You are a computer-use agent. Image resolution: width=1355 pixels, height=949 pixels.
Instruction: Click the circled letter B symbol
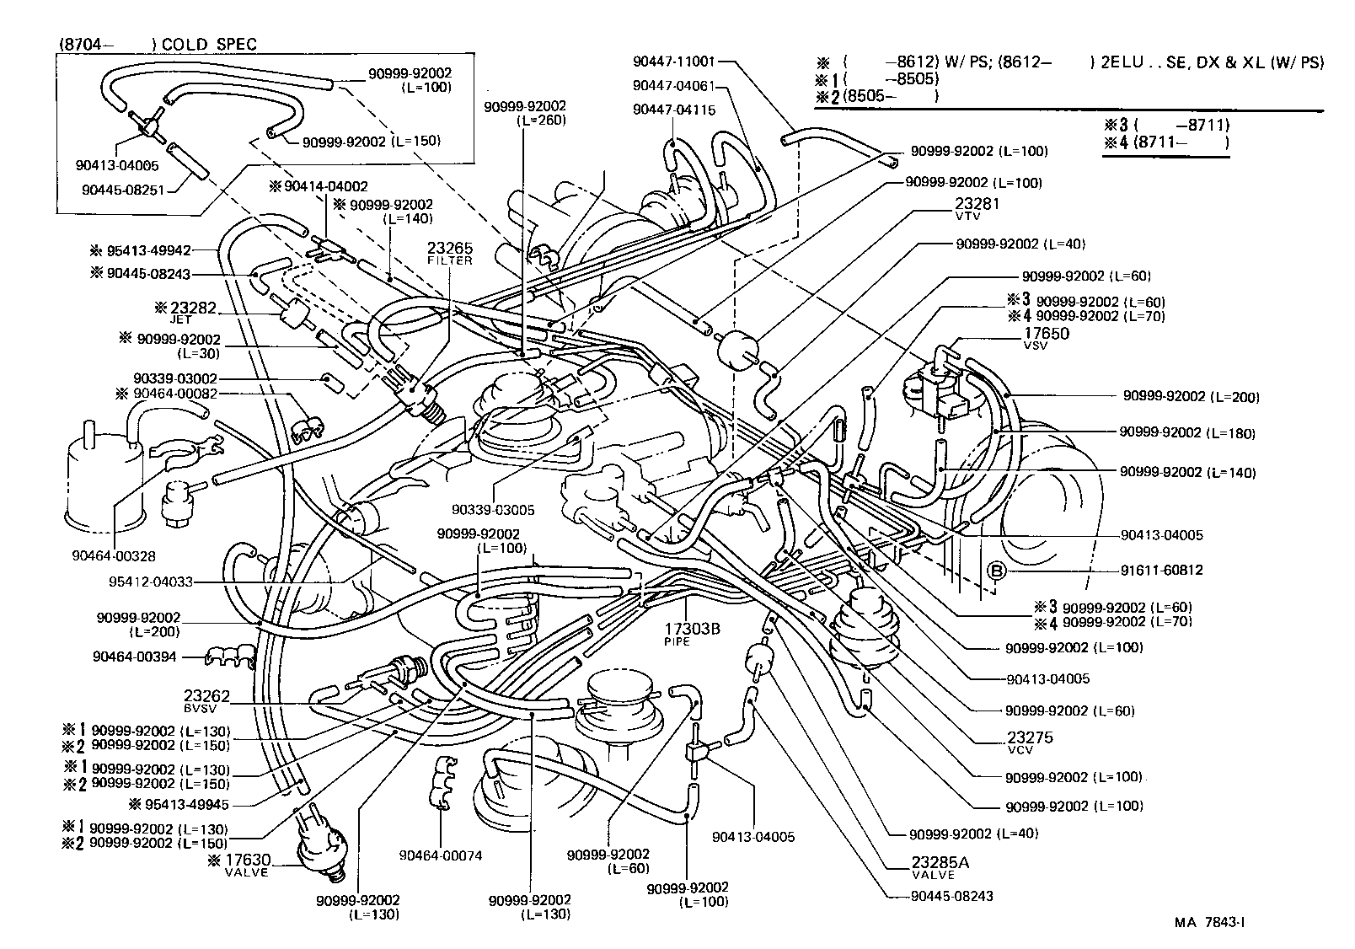(997, 570)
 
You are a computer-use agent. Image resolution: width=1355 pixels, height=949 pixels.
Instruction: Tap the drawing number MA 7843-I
(1210, 922)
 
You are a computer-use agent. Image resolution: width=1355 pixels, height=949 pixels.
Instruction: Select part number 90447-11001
(673, 62)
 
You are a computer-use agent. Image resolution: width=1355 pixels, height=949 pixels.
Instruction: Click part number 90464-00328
(114, 556)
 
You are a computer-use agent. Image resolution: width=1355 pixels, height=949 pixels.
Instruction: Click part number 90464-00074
(441, 855)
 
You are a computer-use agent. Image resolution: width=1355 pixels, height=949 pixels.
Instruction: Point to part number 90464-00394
(135, 656)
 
